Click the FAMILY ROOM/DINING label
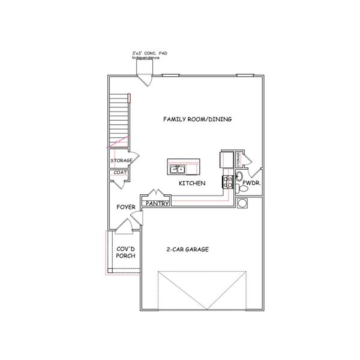[x=197, y=119]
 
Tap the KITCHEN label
[x=192, y=183]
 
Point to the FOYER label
[x=126, y=207]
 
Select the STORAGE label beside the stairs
[x=121, y=161]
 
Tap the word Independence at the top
[x=147, y=58]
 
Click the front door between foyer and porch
[x=124, y=226]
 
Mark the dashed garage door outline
[x=202, y=290]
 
